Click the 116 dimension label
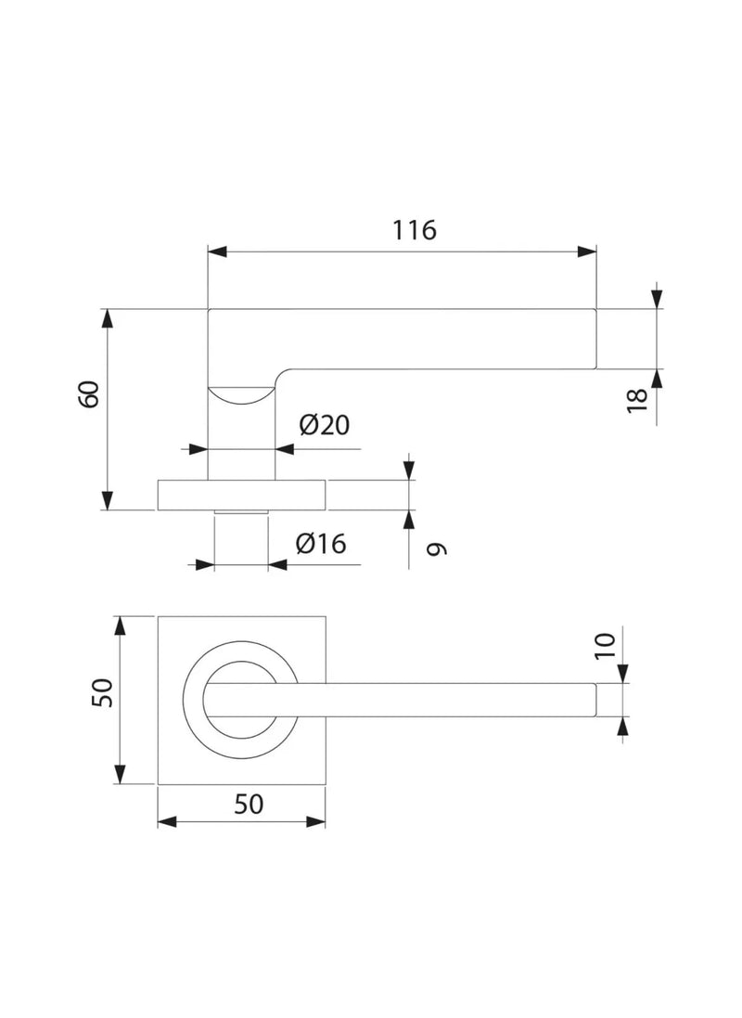[x=415, y=230]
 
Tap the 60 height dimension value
[x=89, y=394]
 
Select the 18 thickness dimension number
[x=637, y=400]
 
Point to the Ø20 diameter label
[x=324, y=425]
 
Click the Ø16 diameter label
[x=321, y=544]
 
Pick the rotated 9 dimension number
[x=437, y=548]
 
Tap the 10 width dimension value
[x=605, y=646]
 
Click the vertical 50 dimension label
[x=103, y=692]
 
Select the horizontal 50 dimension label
[x=249, y=804]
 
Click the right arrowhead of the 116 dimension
[x=587, y=251]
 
